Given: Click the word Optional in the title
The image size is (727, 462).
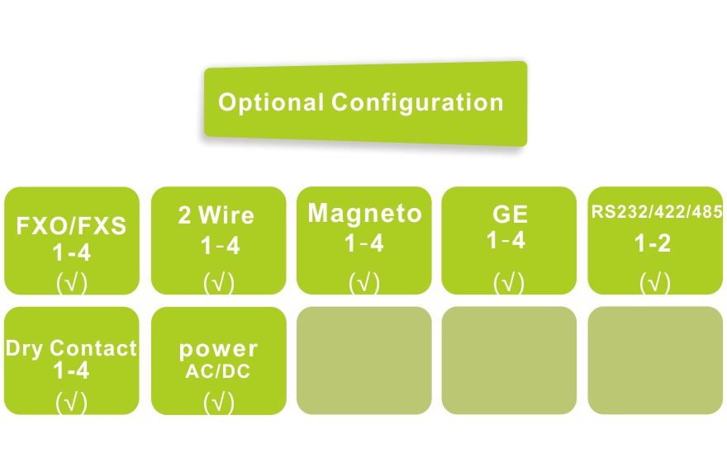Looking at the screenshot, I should pyautogui.click(x=271, y=103).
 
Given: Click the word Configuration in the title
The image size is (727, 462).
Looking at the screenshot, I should pyautogui.click(x=417, y=103).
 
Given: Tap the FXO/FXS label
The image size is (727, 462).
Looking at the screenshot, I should pyautogui.click(x=72, y=226).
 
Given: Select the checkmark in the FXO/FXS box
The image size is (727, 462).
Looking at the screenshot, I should pyautogui.click(x=72, y=283).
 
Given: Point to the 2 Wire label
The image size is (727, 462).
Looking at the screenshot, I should pyautogui.click(x=216, y=216).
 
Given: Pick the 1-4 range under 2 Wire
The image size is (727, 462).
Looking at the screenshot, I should pyautogui.click(x=220, y=246).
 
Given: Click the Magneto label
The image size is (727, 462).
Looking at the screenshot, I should pyautogui.click(x=364, y=214).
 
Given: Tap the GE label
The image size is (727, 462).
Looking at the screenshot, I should pyautogui.click(x=510, y=214).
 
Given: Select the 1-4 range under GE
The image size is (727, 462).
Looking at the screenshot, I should pyautogui.click(x=506, y=242).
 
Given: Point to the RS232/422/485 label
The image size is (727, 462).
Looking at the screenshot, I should pyautogui.click(x=657, y=212).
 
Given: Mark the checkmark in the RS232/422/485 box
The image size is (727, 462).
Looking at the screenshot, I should pyautogui.click(x=655, y=283).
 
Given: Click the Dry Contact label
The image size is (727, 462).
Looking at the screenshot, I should pyautogui.click(x=72, y=348).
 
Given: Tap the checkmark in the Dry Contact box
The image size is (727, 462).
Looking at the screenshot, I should pyautogui.click(x=72, y=403).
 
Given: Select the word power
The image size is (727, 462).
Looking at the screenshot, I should pyautogui.click(x=219, y=349).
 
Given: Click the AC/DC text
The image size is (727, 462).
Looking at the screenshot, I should pyautogui.click(x=217, y=371).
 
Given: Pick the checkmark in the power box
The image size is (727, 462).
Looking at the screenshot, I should pyautogui.click(x=219, y=403).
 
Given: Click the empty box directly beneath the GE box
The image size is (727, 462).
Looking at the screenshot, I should pyautogui.click(x=510, y=361).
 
